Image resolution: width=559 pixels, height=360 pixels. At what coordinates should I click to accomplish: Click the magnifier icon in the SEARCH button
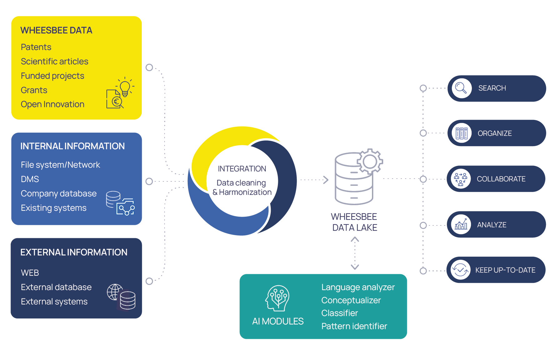point(461,88)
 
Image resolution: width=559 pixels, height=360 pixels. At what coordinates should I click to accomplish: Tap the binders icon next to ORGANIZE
point(461,133)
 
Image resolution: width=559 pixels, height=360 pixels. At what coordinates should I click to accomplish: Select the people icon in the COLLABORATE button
point(460,179)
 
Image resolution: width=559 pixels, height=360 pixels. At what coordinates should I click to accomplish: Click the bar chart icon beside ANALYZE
point(461,224)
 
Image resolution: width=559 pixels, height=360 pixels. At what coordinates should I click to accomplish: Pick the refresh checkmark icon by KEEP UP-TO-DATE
point(460,270)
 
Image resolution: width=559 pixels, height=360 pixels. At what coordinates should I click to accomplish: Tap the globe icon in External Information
point(115,292)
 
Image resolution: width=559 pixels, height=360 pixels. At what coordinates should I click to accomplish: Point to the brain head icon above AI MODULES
point(277,298)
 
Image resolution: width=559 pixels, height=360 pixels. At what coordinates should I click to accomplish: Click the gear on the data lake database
point(370,161)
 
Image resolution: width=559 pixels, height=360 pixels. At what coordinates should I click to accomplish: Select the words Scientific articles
point(54,62)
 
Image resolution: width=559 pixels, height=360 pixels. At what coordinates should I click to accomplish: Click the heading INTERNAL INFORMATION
point(72,146)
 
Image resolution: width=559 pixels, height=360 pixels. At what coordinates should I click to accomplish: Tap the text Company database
point(58,194)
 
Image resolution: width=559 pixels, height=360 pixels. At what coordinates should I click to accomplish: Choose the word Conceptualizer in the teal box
point(351,300)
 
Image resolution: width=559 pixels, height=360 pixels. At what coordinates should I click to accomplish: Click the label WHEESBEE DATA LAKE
point(354,222)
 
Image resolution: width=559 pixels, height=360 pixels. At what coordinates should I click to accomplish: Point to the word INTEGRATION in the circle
point(242,169)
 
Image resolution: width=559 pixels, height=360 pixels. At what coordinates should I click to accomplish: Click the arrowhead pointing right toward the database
point(326,180)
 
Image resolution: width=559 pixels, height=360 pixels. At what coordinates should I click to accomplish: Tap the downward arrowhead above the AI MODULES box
point(355,267)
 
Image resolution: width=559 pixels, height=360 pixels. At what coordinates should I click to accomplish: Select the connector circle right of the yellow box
point(149,67)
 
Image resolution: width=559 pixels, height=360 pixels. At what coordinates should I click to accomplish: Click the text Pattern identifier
point(354,326)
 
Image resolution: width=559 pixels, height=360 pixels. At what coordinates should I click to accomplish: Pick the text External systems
point(54,302)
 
